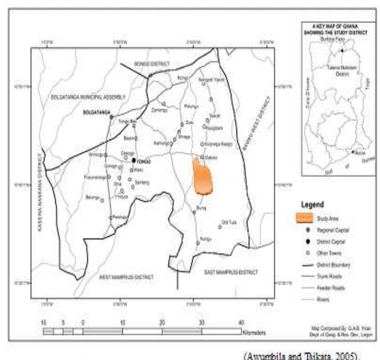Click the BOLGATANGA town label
pyautogui.click(x=96, y=113)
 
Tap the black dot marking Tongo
pyautogui.click(x=134, y=160)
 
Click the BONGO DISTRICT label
pyautogui.click(x=147, y=63)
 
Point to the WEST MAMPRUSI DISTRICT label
pyautogui.click(x=127, y=277)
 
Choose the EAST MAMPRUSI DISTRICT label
pyautogui.click(x=231, y=272)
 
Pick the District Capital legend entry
pyautogui.click(x=327, y=242)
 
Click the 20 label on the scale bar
pyautogui.click(x=162, y=323)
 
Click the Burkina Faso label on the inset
pyautogui.click(x=333, y=39)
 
